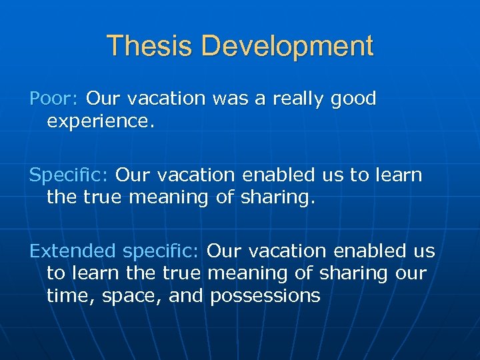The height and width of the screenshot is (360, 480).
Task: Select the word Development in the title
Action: coord(288,46)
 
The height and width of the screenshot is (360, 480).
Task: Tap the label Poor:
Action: coord(55,99)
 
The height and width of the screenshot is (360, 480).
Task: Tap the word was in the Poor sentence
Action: coord(228,99)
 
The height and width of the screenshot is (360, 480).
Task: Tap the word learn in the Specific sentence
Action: coord(397,175)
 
